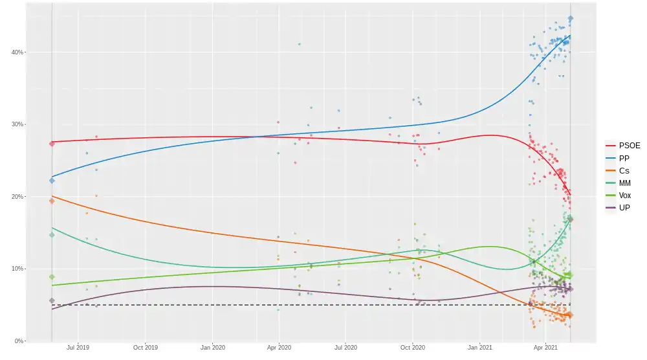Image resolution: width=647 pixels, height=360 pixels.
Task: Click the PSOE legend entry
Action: click(622, 146)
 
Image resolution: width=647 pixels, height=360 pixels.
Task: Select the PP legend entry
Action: click(622, 158)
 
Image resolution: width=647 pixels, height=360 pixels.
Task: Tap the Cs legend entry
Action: click(622, 170)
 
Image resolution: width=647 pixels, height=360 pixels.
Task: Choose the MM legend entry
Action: click(622, 183)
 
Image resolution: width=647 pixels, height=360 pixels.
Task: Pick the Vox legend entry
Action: click(622, 196)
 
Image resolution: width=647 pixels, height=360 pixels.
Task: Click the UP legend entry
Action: click(622, 208)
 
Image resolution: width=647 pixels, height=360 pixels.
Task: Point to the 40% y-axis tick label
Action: click(17, 52)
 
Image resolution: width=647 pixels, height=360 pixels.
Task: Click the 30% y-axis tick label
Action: click(17, 124)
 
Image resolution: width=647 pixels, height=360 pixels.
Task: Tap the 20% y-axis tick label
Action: click(17, 196)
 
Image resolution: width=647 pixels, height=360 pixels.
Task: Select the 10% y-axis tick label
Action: click(17, 269)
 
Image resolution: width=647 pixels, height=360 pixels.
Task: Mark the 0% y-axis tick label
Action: click(19, 341)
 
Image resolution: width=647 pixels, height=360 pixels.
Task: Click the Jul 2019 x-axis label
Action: click(78, 348)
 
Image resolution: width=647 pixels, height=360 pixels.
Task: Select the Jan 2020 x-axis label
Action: click(212, 348)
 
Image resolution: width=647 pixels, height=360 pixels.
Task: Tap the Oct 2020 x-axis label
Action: click(413, 348)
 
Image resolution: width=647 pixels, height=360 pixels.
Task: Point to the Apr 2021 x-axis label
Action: click(546, 348)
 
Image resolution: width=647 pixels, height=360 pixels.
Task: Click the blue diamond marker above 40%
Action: click(570, 19)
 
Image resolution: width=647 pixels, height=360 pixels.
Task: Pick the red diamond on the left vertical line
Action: click(52, 144)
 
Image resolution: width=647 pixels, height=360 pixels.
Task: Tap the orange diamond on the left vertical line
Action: click(52, 201)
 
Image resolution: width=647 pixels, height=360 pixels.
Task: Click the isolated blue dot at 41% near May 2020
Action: click(299, 44)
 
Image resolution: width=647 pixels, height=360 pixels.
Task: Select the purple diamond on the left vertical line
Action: click(52, 300)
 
